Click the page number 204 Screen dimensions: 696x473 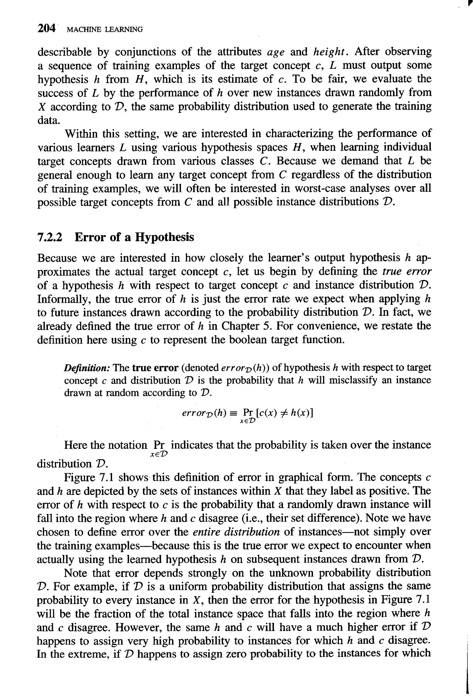click(x=46, y=29)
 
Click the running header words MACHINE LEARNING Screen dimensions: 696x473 click(x=104, y=30)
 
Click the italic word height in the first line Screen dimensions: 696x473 click(x=329, y=52)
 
